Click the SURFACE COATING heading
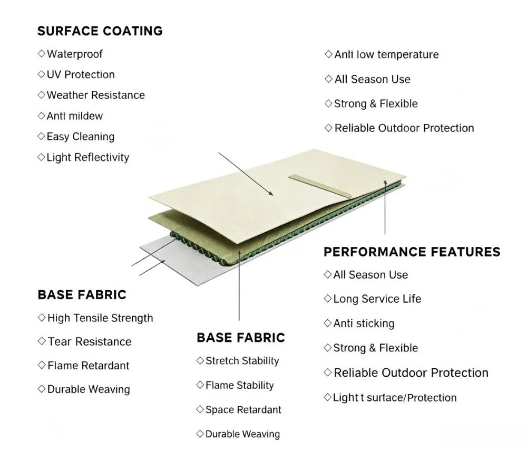click(100, 31)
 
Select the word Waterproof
click(75, 54)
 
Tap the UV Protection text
click(81, 74)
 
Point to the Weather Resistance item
click(96, 95)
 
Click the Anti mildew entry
click(75, 116)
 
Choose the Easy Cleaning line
click(81, 137)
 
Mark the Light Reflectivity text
click(87, 158)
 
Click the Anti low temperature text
click(386, 54)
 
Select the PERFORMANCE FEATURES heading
click(412, 252)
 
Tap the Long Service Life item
click(377, 299)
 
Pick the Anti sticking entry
click(364, 323)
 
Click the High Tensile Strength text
click(100, 318)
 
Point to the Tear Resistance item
click(90, 342)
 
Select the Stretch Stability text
click(242, 361)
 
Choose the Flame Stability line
click(240, 385)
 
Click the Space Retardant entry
click(243, 409)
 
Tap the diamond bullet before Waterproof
click(41, 53)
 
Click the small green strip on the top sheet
click(320, 186)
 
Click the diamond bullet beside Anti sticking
click(327, 323)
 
